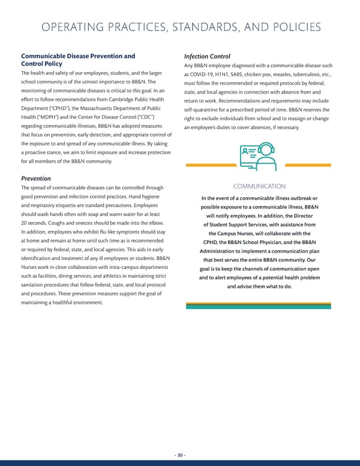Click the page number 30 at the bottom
pyautogui.click(x=180, y=453)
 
